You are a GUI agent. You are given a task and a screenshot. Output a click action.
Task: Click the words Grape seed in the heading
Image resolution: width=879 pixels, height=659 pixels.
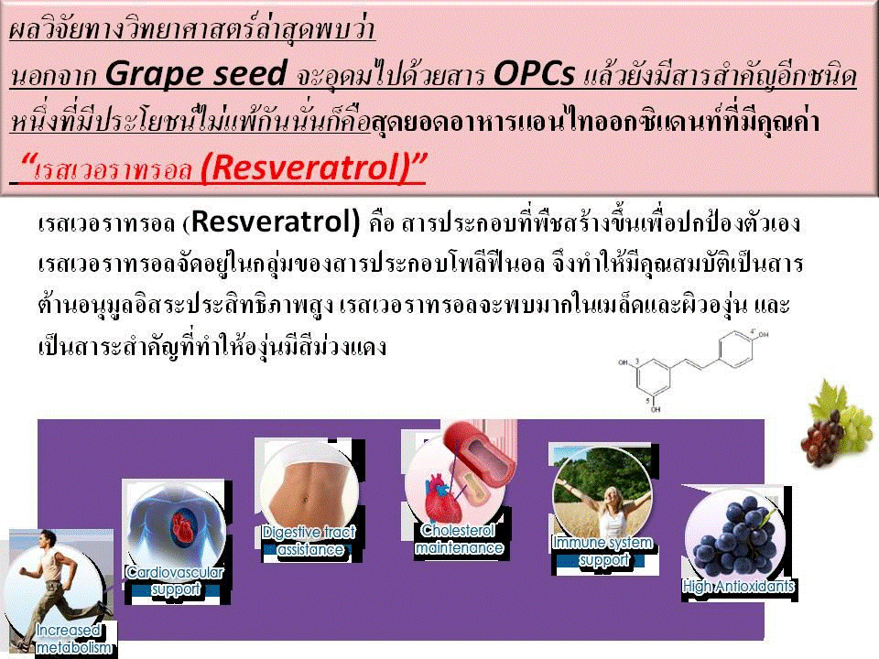196,74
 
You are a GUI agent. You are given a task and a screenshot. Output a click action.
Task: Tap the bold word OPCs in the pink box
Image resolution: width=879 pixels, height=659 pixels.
534,73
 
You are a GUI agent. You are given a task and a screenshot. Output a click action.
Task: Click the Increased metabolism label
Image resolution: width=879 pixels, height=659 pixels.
73,639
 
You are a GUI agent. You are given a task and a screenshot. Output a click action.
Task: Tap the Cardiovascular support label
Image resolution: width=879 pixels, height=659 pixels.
176,580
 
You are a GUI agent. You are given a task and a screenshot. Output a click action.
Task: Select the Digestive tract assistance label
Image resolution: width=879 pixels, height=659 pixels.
309,541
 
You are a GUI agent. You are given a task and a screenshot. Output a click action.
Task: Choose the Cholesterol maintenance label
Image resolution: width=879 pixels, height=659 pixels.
459,539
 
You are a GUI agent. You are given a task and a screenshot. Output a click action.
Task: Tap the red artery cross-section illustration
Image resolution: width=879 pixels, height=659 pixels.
480,452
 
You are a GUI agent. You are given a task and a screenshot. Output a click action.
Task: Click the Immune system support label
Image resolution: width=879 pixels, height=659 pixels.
602,551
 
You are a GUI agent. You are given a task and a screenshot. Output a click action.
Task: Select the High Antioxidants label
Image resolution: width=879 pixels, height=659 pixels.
739,587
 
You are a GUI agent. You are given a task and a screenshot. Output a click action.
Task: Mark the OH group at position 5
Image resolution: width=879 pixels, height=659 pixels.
656,410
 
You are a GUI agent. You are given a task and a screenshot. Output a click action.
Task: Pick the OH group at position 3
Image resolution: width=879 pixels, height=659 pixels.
624,362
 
